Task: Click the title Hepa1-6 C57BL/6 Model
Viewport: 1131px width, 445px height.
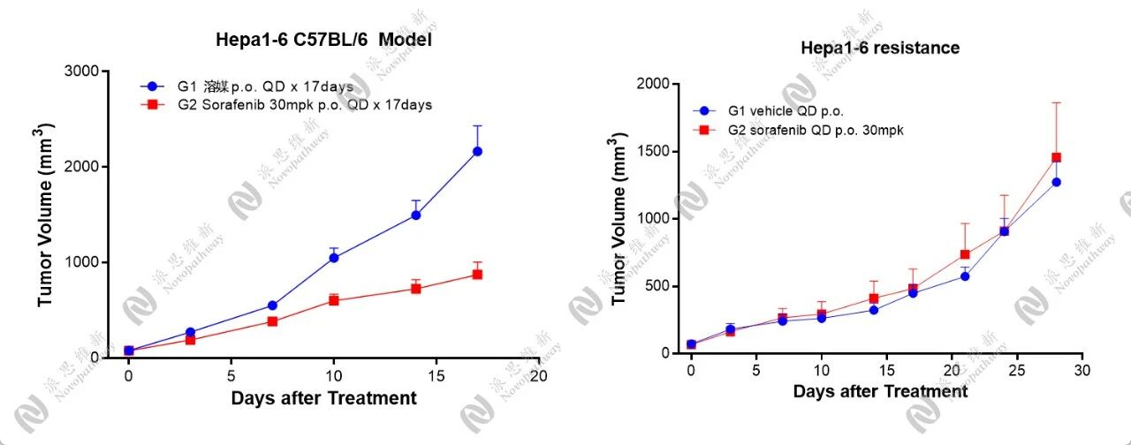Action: click(324, 40)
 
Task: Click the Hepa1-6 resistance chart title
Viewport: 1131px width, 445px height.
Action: click(880, 48)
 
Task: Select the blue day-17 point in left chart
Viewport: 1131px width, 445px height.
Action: click(477, 151)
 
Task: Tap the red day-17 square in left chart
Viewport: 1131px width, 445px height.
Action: click(477, 274)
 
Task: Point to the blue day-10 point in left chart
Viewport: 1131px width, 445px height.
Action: click(334, 258)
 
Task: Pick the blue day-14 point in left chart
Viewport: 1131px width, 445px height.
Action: click(415, 215)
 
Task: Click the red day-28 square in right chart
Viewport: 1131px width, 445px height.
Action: click(1056, 158)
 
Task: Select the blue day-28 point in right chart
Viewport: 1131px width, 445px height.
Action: click(1056, 182)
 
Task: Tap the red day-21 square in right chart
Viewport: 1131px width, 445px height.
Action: click(965, 254)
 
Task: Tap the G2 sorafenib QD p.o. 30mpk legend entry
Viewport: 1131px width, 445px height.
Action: click(800, 130)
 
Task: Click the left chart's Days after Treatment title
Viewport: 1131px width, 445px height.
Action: click(324, 398)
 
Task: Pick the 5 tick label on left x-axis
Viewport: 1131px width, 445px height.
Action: click(232, 374)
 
